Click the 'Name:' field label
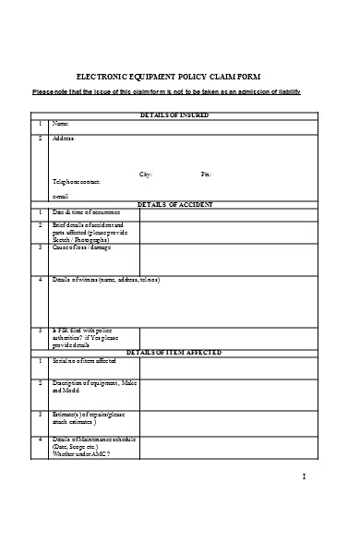(60, 123)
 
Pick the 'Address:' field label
(63, 138)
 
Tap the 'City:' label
(145, 174)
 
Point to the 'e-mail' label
(61, 196)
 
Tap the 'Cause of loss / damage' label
(81, 247)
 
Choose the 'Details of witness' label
(105, 279)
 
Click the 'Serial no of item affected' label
(83, 360)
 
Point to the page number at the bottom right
(304, 476)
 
